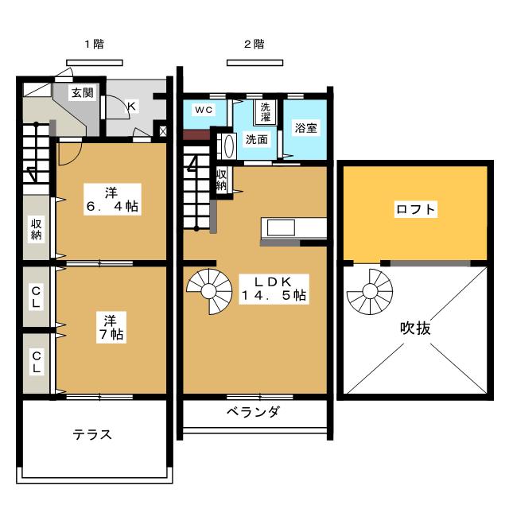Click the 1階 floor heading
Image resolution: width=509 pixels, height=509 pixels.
[95, 44]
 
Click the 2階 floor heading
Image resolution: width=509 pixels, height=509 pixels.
[254, 44]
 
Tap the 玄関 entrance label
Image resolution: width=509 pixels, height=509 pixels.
[83, 93]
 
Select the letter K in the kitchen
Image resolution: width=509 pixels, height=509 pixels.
[131, 106]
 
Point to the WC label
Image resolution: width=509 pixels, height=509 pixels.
[204, 110]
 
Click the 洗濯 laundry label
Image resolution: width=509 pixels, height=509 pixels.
[266, 112]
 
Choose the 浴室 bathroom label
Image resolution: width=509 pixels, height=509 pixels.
[305, 128]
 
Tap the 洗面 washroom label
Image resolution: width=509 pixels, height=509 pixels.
[256, 139]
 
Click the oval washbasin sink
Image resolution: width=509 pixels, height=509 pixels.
[229, 146]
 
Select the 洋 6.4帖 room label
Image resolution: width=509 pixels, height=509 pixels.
[112, 200]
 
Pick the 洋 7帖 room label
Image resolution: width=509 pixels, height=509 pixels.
[111, 327]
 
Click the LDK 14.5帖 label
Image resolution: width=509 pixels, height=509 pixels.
[274, 289]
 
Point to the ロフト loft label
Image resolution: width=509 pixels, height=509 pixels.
[415, 209]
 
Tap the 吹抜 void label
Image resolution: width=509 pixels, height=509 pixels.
[415, 328]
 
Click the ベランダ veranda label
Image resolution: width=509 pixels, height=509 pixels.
[253, 412]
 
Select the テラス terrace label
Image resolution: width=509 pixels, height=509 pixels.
[92, 434]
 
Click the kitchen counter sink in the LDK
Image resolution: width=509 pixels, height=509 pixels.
[281, 228]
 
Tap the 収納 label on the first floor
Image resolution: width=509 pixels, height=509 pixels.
[37, 229]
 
